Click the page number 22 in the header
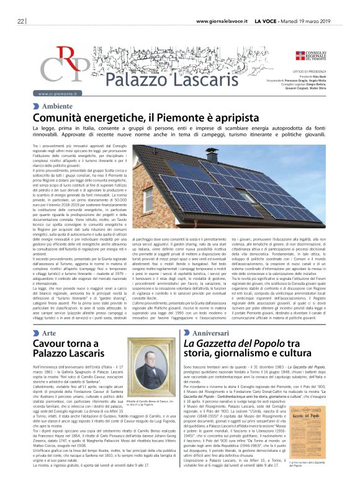point(20,21)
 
